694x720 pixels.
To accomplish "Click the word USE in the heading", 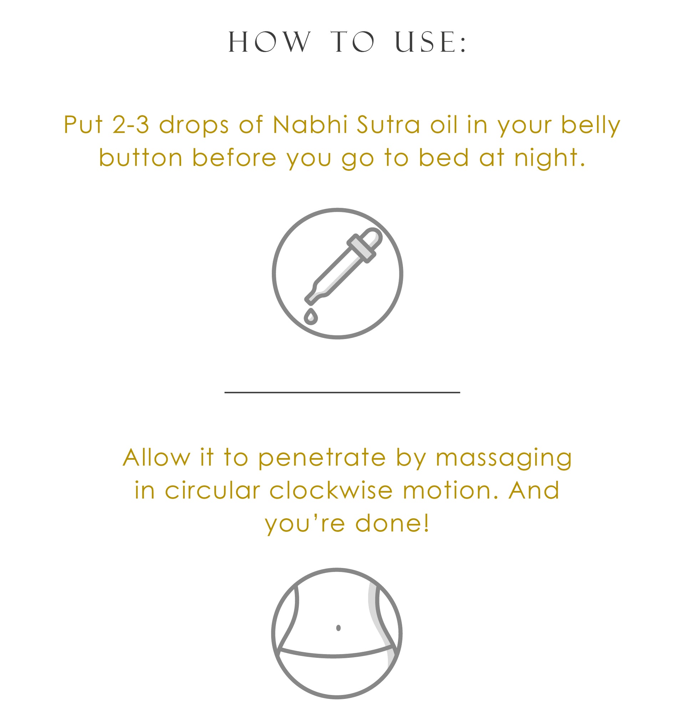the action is click(430, 42).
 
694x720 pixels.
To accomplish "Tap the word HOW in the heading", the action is click(269, 42).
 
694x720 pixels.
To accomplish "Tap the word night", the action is click(550, 158).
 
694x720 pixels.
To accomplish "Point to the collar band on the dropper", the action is click(361, 248).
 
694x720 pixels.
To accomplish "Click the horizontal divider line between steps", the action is click(342, 392).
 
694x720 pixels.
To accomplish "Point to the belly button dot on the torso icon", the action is click(338, 628).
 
